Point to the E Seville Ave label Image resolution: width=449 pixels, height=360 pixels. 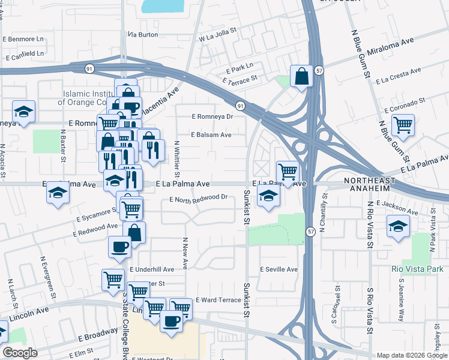[279, 269]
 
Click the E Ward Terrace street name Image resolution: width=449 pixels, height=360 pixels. [218, 299]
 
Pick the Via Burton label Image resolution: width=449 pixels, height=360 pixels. [143, 35]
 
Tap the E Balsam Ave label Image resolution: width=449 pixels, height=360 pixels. [211, 135]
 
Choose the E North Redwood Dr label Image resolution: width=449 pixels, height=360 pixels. [199, 197]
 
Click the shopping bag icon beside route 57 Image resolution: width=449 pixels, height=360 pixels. [301, 76]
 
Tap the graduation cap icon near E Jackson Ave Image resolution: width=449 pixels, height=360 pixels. [397, 227]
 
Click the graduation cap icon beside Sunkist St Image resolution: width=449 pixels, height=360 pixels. [268, 195]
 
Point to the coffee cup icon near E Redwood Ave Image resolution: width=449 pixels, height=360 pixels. [119, 246]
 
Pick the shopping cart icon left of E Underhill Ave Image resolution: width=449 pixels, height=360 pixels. [113, 280]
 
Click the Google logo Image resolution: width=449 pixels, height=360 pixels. [20, 353]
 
